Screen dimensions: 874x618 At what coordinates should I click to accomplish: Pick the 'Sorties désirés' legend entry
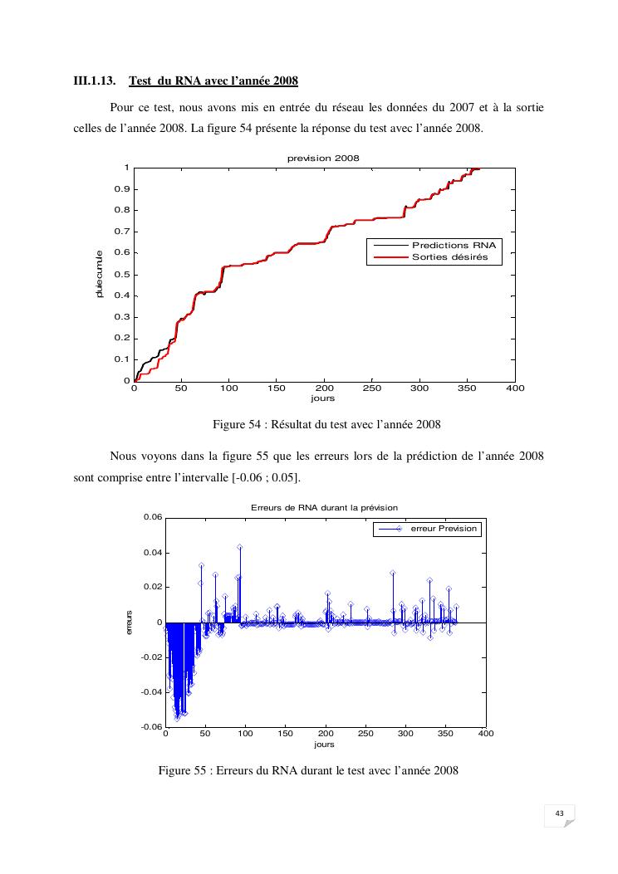click(x=449, y=258)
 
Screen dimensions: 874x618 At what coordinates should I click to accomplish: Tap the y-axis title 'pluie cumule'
click(x=99, y=274)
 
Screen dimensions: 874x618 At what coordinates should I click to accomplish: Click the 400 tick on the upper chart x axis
click(x=515, y=388)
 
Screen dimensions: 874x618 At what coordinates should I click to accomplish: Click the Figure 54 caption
click(x=326, y=425)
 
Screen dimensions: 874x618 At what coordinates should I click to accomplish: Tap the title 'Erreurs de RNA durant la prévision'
click(x=325, y=507)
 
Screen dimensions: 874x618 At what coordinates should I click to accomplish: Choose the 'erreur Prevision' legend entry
click(x=444, y=529)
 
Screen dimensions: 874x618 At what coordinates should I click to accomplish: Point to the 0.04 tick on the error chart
click(x=152, y=553)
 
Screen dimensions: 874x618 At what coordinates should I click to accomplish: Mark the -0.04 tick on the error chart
click(x=150, y=692)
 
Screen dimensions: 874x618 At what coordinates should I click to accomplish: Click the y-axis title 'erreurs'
click(x=130, y=623)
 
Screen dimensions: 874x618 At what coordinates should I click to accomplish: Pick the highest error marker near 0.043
click(x=239, y=547)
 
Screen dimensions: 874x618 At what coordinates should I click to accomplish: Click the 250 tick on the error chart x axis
click(x=366, y=735)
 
